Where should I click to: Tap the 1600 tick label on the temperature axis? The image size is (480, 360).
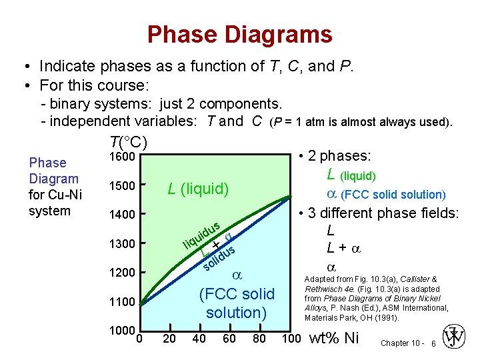coord(122,157)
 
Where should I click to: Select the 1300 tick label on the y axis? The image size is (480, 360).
coord(122,243)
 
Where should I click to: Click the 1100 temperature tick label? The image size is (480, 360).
coord(122,302)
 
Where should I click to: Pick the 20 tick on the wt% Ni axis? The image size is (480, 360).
coord(170,339)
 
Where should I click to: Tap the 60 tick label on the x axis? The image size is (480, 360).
coord(229,339)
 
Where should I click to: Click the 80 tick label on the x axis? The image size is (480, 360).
coord(259,339)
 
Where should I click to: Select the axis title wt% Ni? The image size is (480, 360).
coord(335,338)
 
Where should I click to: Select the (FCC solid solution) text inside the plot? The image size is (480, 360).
coord(237,303)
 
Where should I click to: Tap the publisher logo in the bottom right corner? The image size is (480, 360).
coord(455,337)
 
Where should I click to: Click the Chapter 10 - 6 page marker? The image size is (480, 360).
coord(407,343)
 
